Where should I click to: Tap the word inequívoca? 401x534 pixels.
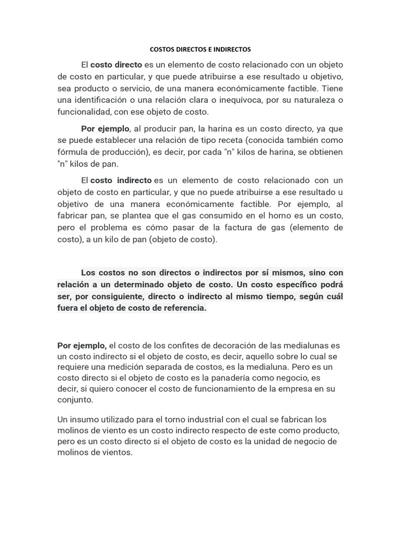click(x=242, y=100)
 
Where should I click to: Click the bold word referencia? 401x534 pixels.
click(x=182, y=308)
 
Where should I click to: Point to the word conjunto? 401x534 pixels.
click(x=75, y=400)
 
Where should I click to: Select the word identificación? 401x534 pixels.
click(x=108, y=100)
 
